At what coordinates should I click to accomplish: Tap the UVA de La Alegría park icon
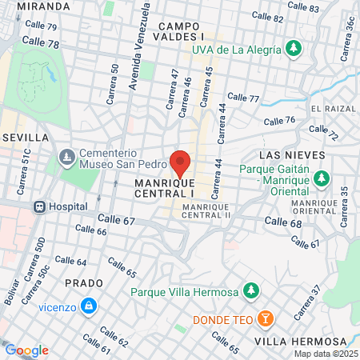[294, 48]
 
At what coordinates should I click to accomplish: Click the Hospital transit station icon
[38, 206]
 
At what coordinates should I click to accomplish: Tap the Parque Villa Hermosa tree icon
[251, 290]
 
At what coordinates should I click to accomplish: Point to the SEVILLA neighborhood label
[20, 138]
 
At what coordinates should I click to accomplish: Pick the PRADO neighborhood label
[84, 283]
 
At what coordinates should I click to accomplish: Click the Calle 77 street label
[243, 98]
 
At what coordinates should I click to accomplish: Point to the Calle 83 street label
[302, 9]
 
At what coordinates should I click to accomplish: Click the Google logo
[26, 350]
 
